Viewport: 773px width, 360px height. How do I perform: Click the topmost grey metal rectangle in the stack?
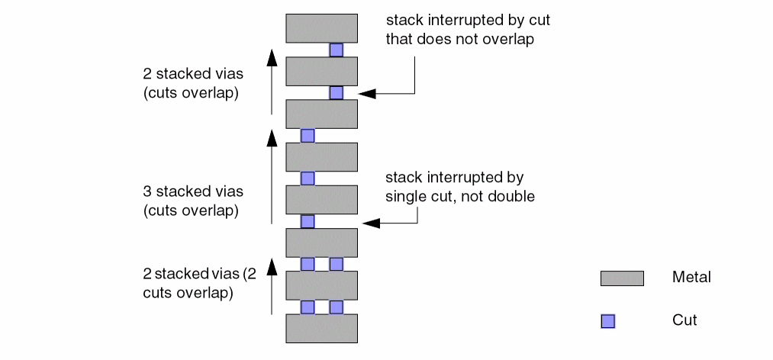point(321,27)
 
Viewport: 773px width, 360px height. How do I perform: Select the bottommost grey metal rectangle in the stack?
point(321,328)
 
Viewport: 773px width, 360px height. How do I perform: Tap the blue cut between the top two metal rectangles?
point(336,50)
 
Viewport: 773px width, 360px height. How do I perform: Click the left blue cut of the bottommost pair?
point(308,307)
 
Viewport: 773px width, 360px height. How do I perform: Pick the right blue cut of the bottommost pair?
point(336,307)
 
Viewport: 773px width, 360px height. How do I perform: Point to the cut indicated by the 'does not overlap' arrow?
point(336,92)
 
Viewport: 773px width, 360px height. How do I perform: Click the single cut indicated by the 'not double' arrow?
point(308,221)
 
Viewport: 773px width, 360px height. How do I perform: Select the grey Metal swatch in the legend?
point(622,278)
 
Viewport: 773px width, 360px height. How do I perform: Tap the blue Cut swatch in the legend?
point(607,321)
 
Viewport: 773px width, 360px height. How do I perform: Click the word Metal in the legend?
point(691,278)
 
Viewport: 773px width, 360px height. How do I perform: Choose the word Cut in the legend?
point(684,320)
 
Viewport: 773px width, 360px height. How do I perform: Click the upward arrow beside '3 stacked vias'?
point(272,175)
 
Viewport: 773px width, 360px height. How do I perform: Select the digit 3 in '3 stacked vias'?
point(147,191)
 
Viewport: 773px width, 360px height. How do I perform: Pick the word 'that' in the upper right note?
point(398,39)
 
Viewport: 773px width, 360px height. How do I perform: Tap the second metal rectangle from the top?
point(321,71)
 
